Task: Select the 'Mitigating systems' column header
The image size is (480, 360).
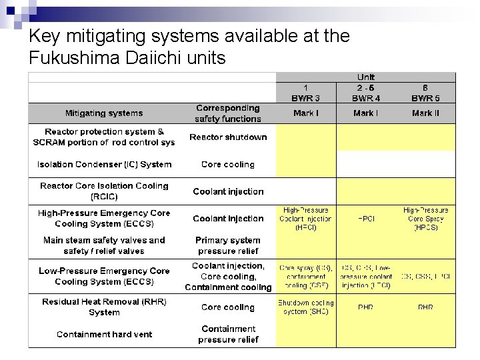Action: point(103,113)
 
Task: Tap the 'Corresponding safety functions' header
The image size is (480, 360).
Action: point(228,113)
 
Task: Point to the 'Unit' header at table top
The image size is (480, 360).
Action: point(365,78)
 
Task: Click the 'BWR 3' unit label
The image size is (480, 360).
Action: point(305,98)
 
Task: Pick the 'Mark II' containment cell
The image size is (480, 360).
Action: point(425,113)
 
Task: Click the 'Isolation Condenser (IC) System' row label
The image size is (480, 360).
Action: point(104,164)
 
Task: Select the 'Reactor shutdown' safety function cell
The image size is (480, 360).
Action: point(228,137)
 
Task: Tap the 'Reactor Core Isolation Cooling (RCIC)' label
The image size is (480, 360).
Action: point(104,191)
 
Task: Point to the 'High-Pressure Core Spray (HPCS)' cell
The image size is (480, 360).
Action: point(425,219)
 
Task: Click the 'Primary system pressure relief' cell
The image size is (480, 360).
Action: point(228,245)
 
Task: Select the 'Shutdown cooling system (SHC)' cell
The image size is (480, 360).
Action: point(305,307)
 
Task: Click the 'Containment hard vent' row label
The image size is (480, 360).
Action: point(104,335)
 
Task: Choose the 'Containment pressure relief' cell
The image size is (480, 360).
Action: point(228,334)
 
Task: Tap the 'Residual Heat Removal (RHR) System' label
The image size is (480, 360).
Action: point(104,307)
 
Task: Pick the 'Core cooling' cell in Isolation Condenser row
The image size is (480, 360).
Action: point(228,164)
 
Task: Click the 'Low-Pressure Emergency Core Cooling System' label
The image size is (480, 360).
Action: point(104,276)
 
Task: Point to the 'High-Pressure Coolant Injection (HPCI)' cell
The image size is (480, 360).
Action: point(305,219)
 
